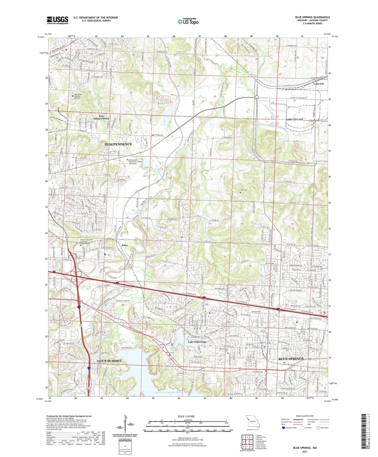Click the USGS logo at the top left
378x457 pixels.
[x=58, y=20]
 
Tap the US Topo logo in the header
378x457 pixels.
[x=188, y=21]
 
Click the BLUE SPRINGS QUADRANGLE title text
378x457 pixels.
[x=312, y=17]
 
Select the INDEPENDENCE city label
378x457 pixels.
[x=118, y=144]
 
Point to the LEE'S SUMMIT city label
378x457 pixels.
[x=109, y=361]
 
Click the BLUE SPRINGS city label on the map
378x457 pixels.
[x=291, y=359]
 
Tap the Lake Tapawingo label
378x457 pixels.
[x=197, y=342]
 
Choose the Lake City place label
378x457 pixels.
[x=319, y=84]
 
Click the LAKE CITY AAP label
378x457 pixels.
[x=294, y=119]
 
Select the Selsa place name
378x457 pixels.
[x=125, y=245]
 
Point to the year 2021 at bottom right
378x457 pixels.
[x=304, y=452]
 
